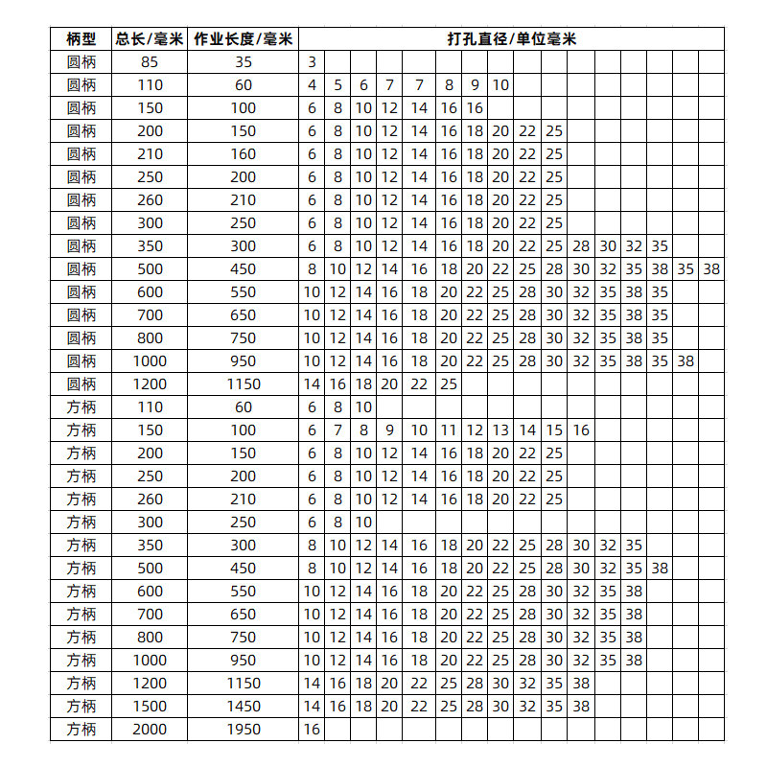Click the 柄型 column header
pos(81,39)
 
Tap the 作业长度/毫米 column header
pos(244,39)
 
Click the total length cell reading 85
pos(150,62)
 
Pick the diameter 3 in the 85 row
pos(312,62)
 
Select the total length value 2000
pos(150,730)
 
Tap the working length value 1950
pos(244,730)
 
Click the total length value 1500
pos(150,707)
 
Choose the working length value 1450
pos(244,707)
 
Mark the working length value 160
pos(244,154)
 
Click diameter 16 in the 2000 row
pos(312,730)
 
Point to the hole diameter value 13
pos(500,430)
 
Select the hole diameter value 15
pos(554,430)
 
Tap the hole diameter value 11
pos(449,430)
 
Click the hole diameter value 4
pos(312,85)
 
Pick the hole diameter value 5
pos(337,85)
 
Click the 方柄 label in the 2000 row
pos(81,730)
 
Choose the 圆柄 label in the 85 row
pos(81,62)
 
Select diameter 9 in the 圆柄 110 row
pos(475,85)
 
